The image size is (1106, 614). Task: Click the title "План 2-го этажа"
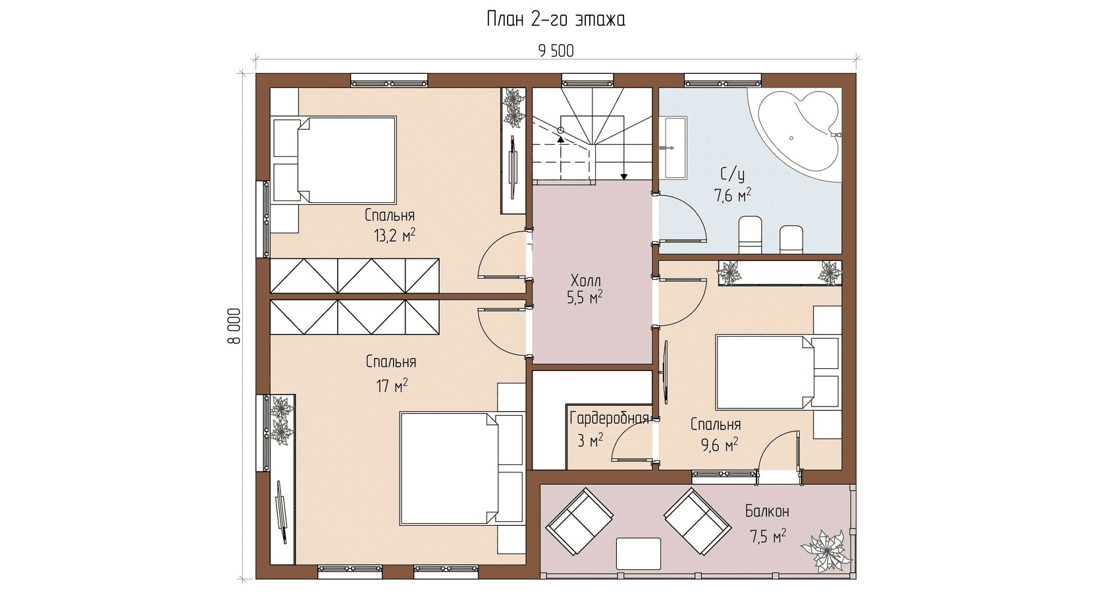tap(556, 20)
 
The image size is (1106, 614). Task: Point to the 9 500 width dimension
tap(556, 51)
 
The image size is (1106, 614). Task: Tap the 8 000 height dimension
tap(234, 326)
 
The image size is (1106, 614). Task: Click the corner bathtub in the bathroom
tap(796, 133)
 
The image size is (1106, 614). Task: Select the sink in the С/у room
tap(674, 148)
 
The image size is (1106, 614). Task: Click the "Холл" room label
tap(586, 281)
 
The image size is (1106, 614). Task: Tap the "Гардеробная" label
tap(609, 418)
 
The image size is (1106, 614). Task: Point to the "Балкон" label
tap(767, 511)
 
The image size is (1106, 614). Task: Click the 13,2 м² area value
tap(394, 235)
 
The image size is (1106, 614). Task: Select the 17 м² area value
tap(392, 385)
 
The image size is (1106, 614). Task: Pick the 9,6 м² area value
tap(720, 445)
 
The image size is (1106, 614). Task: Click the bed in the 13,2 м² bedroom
tap(334, 160)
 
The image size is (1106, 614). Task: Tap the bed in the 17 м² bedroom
tap(461, 468)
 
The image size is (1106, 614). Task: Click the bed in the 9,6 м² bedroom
tap(777, 372)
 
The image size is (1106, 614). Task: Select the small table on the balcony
tap(639, 554)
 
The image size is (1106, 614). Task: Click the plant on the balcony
tap(826, 551)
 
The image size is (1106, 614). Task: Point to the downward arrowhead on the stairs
tap(624, 177)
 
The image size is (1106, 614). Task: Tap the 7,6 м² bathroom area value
tap(733, 195)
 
